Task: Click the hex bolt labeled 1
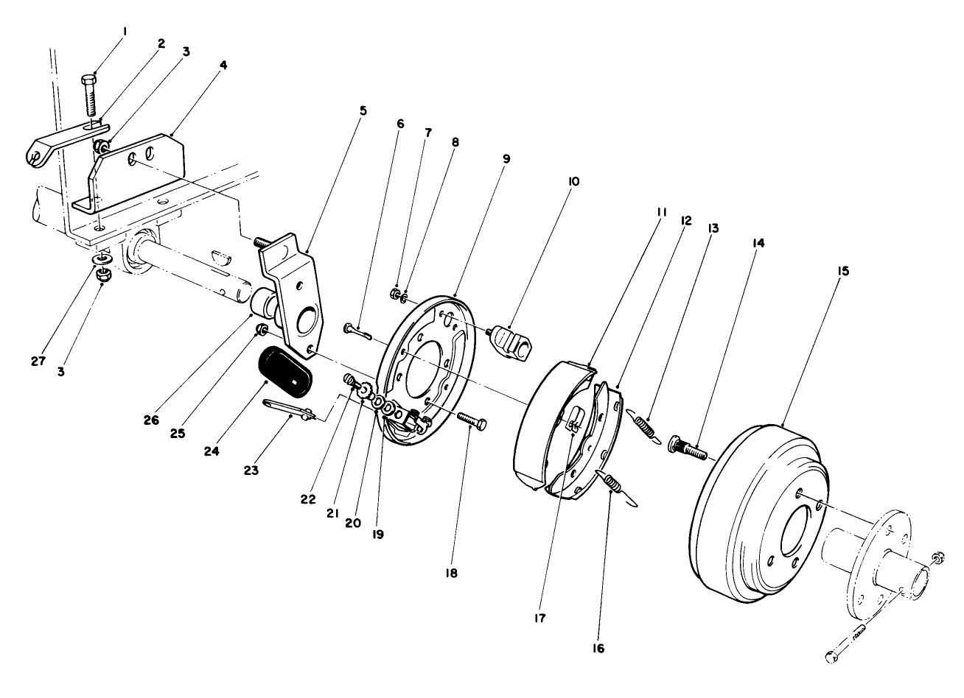[90, 94]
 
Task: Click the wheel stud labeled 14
[685, 445]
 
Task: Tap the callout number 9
[507, 158]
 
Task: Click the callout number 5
[363, 110]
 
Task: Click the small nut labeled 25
[260, 328]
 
